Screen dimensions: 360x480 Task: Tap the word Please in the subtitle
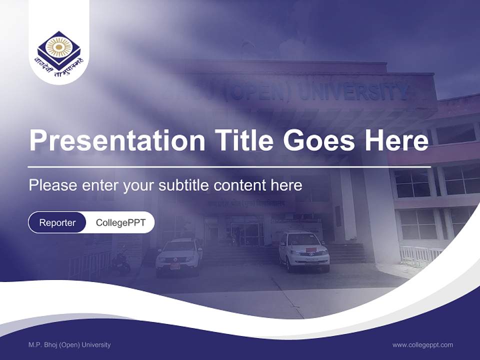pyautogui.click(x=51, y=185)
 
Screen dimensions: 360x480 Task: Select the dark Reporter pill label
pyautogui.click(x=57, y=222)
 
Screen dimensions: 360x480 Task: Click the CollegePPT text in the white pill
pyautogui.click(x=120, y=222)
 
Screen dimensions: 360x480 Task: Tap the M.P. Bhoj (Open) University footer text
pyautogui.click(x=69, y=345)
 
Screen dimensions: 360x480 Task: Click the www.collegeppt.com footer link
pyautogui.click(x=422, y=345)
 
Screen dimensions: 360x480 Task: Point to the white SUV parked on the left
pyautogui.click(x=178, y=255)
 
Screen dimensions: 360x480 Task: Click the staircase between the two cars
pyautogui.click(x=240, y=255)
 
